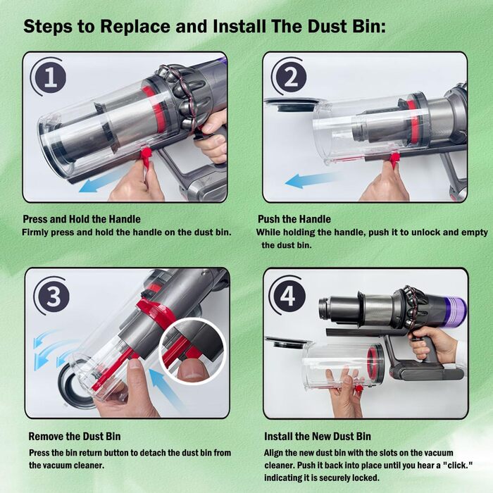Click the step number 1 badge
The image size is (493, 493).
[x=48, y=76]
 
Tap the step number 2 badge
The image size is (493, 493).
[x=289, y=76]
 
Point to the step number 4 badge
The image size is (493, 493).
[x=287, y=296]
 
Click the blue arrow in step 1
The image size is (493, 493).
[x=101, y=182]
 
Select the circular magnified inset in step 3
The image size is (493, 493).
[x=192, y=351]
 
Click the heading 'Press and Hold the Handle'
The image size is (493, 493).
[x=82, y=219]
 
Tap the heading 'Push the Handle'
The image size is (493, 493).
[x=294, y=219]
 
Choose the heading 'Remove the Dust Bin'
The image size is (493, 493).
[x=75, y=437]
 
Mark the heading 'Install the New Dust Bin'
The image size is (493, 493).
[x=317, y=437]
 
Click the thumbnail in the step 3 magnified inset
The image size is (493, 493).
[x=189, y=371]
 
